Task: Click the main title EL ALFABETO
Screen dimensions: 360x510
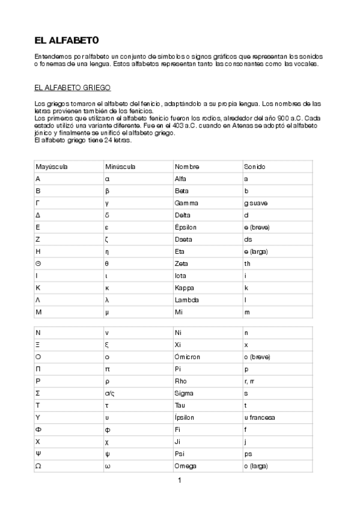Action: tap(66, 41)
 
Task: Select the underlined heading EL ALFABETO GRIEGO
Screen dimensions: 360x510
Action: tap(72, 88)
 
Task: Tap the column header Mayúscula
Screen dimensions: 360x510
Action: tap(53, 167)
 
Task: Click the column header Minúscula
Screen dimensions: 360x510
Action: tap(120, 167)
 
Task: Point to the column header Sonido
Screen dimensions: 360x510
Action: tap(254, 167)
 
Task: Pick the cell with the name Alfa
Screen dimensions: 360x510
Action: tap(180, 179)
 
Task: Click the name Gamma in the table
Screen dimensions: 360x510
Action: tap(186, 203)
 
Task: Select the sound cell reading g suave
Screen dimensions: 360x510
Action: tap(255, 203)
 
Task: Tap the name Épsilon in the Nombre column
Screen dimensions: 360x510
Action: tap(186, 227)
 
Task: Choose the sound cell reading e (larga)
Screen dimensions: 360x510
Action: tap(256, 251)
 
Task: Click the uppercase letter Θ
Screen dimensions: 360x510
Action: tap(38, 263)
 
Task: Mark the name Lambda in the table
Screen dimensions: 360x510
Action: tap(186, 300)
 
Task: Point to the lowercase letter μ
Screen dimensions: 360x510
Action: tap(107, 312)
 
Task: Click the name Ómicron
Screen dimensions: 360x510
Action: tap(187, 357)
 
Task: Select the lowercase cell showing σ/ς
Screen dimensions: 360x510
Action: tap(109, 393)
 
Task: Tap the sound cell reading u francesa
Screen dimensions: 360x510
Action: tap(260, 417)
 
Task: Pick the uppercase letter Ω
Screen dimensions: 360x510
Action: tap(38, 466)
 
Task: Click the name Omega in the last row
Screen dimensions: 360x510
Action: tap(186, 466)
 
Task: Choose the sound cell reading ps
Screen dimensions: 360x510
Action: tap(248, 454)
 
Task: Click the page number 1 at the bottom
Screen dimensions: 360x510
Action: tap(179, 480)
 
